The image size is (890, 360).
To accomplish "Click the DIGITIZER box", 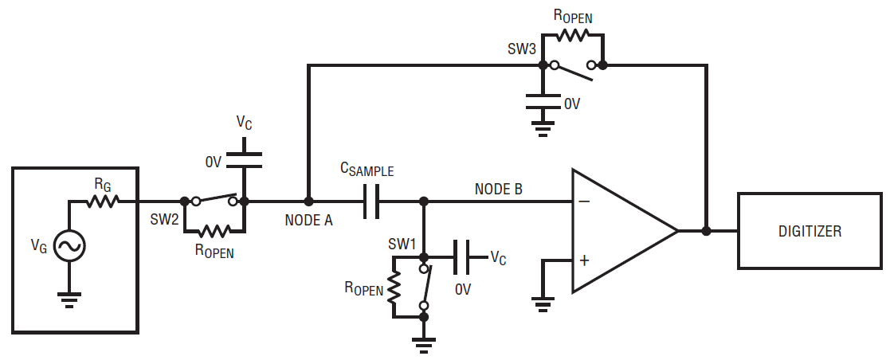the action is click(x=810, y=231).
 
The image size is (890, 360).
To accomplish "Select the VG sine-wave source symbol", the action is click(x=69, y=246).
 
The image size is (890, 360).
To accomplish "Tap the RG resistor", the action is click(x=103, y=201).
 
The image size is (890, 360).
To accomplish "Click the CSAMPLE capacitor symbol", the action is click(x=371, y=201).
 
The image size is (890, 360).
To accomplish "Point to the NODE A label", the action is click(x=309, y=220).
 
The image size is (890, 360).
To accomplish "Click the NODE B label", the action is click(x=499, y=189).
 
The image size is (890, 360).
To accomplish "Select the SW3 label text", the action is click(x=522, y=49).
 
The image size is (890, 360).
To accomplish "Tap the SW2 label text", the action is click(x=164, y=220).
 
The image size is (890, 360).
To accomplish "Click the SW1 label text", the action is click(x=402, y=245).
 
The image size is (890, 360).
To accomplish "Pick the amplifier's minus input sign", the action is click(x=584, y=202).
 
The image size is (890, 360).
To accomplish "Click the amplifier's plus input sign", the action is click(x=584, y=260).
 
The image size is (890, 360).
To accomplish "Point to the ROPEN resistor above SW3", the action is click(x=573, y=35).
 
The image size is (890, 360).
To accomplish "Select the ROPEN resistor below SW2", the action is click(x=214, y=231).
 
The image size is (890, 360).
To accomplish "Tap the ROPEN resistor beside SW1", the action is click(x=394, y=287).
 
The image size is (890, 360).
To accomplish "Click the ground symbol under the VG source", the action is click(x=69, y=299).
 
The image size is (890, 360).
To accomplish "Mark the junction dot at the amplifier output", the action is click(x=706, y=231).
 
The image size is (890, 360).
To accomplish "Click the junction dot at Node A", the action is click(x=308, y=201).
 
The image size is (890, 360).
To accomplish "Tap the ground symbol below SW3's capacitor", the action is click(x=543, y=129).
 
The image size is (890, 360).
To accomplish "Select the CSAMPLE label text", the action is click(x=367, y=170).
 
